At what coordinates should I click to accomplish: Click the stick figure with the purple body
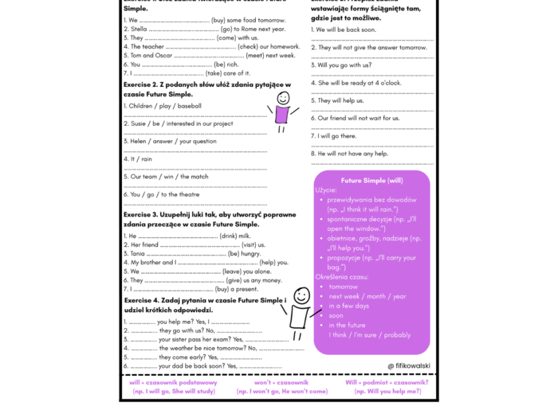pyautogui.click(x=281, y=110)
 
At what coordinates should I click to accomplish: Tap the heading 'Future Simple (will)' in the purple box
pyautogui.click(x=371, y=181)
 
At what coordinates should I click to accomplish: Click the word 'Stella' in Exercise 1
pyautogui.click(x=139, y=29)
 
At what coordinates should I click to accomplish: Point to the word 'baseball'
pyautogui.click(x=190, y=106)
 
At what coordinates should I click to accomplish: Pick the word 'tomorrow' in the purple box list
pyautogui.click(x=344, y=287)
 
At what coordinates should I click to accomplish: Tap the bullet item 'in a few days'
pyautogui.click(x=349, y=306)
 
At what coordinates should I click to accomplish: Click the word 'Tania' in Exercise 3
pyautogui.click(x=137, y=253)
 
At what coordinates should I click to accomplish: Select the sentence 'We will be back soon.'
pyautogui.click(x=347, y=29)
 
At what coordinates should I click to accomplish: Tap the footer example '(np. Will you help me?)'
pyautogui.click(x=387, y=391)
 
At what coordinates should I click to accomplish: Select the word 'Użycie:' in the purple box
pyautogui.click(x=326, y=190)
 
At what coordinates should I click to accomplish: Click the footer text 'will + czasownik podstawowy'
pyautogui.click(x=173, y=382)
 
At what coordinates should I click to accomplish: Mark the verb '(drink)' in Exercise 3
pyautogui.click(x=231, y=236)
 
